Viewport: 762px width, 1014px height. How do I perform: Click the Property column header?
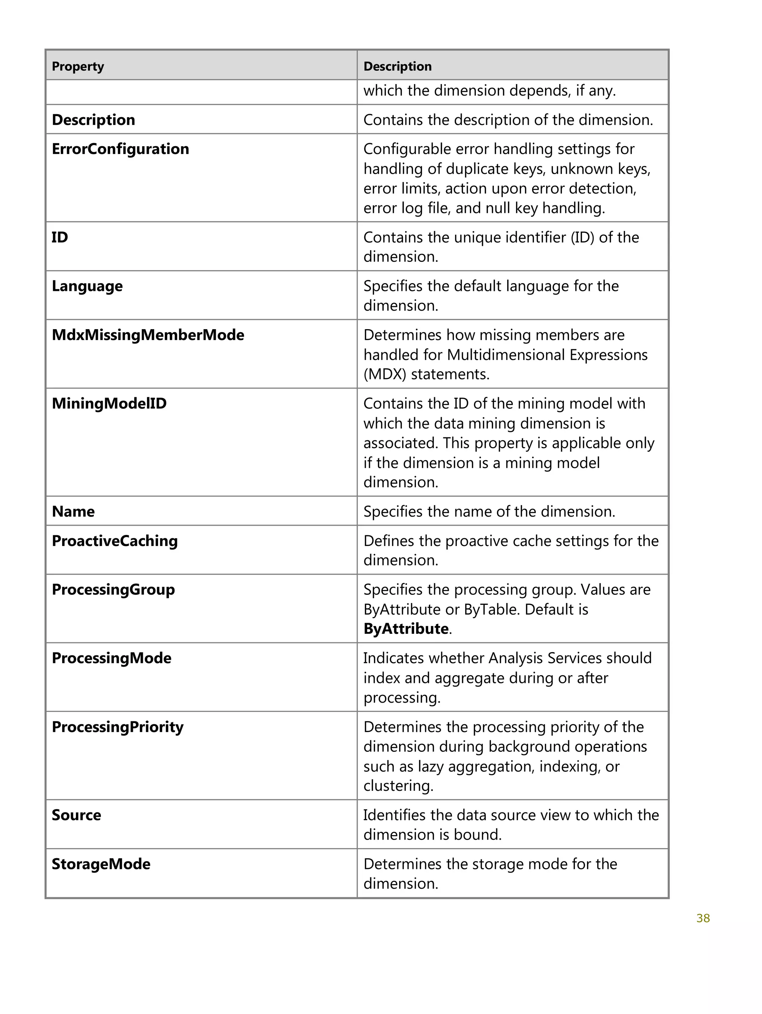78,67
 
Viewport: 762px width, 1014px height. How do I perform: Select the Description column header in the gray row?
397,67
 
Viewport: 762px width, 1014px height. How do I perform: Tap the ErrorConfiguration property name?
120,149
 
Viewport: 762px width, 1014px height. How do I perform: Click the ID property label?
60,237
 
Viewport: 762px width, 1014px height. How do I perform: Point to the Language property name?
87,286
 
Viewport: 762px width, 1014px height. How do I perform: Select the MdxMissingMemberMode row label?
148,335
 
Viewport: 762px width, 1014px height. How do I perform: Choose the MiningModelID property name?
109,403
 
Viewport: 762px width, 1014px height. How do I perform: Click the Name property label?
73,511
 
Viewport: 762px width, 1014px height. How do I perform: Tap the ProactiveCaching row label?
115,541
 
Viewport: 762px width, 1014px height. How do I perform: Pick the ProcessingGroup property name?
113,590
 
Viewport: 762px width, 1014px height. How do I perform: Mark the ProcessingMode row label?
111,658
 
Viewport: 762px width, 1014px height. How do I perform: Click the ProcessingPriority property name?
117,727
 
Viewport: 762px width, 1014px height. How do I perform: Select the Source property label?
76,815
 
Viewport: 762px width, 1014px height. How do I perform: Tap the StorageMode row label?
101,864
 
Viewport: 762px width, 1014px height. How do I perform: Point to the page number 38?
702,918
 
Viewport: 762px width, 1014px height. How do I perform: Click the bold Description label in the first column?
93,120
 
